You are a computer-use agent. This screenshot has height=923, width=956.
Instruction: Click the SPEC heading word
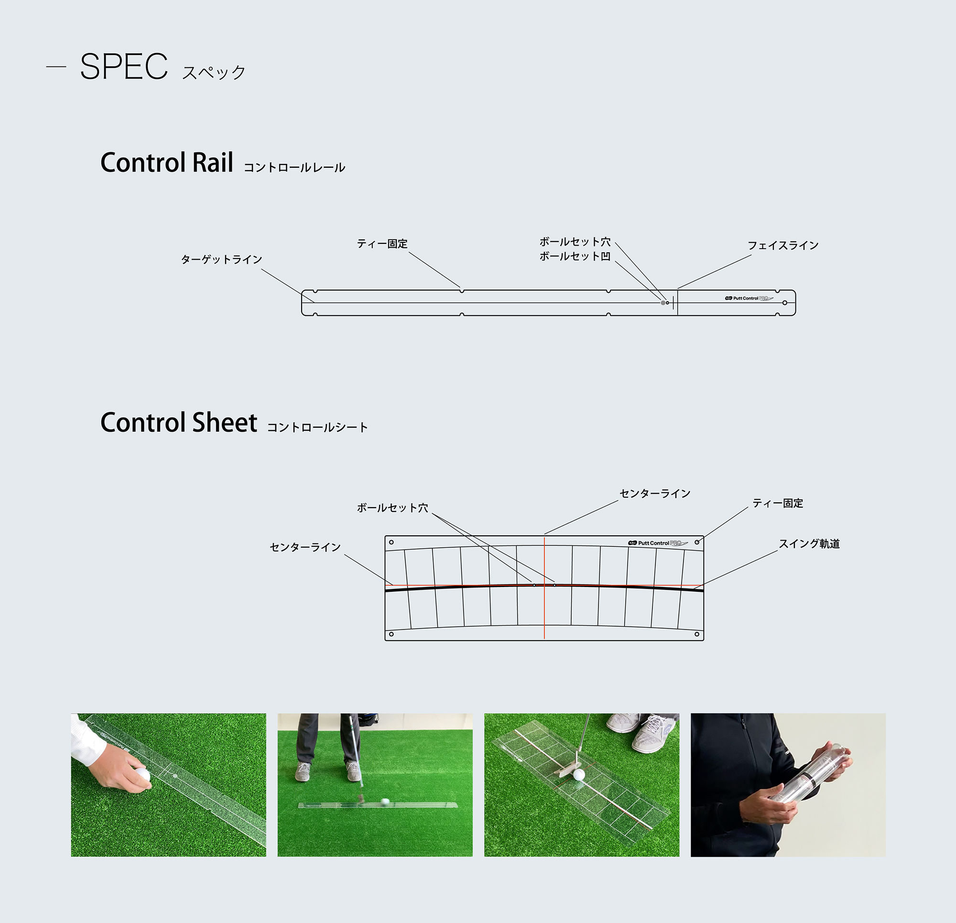click(124, 66)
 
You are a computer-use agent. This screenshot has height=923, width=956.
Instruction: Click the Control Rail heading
click(167, 163)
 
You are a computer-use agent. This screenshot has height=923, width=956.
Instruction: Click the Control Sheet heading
click(178, 423)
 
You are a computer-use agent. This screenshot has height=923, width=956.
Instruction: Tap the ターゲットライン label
click(221, 260)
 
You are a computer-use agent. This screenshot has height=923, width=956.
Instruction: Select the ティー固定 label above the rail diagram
click(382, 244)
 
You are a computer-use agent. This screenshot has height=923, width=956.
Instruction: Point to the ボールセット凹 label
click(575, 256)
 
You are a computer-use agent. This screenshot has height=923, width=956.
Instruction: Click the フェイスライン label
click(783, 245)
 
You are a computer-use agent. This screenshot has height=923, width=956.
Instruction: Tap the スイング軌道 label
click(809, 544)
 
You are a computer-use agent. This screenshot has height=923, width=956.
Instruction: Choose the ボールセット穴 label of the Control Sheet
click(392, 508)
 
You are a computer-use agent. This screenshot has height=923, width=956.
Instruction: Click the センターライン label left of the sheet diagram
click(305, 547)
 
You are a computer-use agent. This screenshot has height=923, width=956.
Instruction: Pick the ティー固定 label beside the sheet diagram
click(778, 503)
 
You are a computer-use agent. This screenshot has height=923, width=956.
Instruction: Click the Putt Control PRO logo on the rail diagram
click(749, 298)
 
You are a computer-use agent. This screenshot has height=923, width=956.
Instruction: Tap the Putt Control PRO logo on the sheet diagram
click(658, 543)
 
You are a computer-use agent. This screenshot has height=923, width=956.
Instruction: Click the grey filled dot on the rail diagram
click(663, 303)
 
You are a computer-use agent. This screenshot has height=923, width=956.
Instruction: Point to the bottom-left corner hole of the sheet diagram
click(391, 634)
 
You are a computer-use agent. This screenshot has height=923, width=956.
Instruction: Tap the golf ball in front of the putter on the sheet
click(579, 775)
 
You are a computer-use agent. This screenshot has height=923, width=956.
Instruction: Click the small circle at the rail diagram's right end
click(785, 303)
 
